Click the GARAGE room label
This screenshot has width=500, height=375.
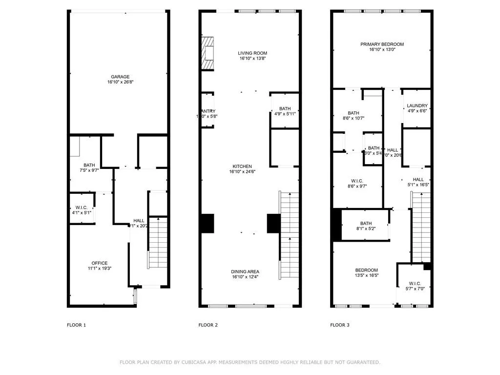click(x=120, y=77)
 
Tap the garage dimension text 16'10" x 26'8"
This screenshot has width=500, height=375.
click(x=120, y=83)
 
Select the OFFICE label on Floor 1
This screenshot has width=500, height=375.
click(x=99, y=263)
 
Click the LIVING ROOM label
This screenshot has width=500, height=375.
click(x=252, y=53)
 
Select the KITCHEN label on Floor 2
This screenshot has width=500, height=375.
click(x=242, y=166)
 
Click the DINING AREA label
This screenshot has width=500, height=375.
click(x=245, y=271)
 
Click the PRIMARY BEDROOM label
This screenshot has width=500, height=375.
click(x=382, y=44)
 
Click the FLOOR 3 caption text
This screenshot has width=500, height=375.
click(x=340, y=325)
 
